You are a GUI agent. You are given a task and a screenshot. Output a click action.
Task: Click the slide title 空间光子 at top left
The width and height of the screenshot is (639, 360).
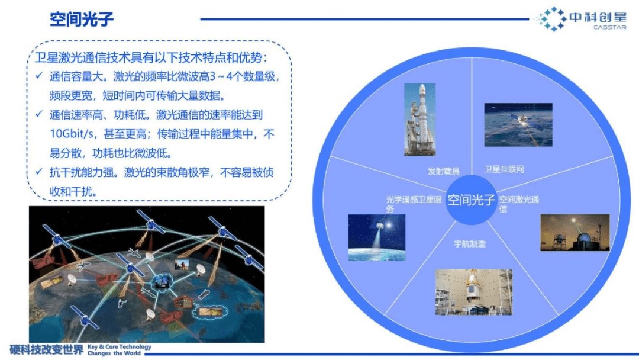pyautogui.click(x=82, y=20)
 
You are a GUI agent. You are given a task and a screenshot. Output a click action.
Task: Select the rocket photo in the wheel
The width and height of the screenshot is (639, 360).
pyautogui.click(x=419, y=120)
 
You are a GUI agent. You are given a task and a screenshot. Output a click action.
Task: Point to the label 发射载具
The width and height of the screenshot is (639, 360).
pyautogui.click(x=444, y=171)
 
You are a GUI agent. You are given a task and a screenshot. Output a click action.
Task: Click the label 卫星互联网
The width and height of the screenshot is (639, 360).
pyautogui.click(x=504, y=169)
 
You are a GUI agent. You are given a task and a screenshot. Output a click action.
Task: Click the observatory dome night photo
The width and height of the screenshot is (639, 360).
pyautogui.click(x=573, y=232)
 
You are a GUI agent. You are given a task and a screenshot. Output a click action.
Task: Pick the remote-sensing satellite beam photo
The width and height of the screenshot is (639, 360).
pyautogui.click(x=377, y=237)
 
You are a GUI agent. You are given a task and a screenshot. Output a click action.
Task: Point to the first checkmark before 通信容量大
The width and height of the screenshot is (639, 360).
pyautogui.click(x=38, y=76)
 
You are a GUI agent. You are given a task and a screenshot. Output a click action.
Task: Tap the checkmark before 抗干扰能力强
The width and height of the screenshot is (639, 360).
pyautogui.click(x=38, y=172)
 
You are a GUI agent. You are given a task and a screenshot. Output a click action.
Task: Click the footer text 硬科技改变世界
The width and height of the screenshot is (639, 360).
pyautogui.click(x=47, y=349)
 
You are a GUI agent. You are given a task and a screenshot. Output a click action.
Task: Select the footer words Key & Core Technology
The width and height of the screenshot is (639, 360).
pyautogui.click(x=119, y=346)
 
